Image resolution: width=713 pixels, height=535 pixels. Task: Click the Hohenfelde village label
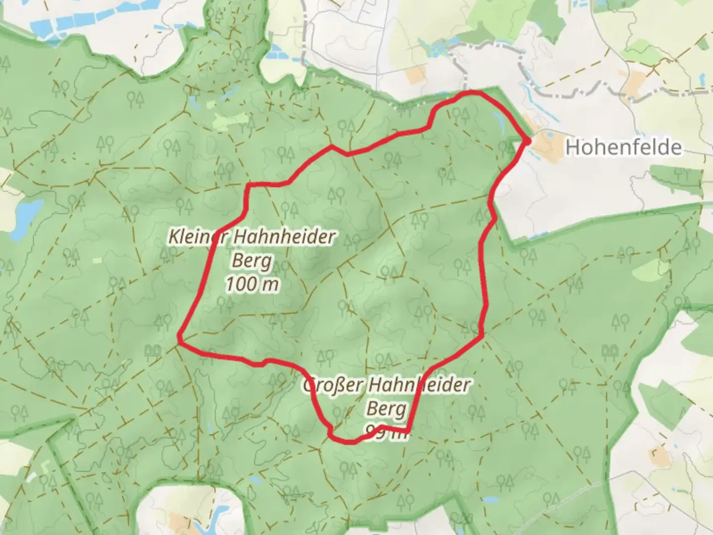[623, 147]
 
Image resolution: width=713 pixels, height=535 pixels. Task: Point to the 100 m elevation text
[252, 284]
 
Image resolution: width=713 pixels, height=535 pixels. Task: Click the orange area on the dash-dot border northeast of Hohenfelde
[634, 81]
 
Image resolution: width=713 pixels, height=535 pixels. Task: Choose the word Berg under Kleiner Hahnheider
[251, 261]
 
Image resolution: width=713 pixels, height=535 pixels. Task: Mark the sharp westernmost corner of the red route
[179, 337]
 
